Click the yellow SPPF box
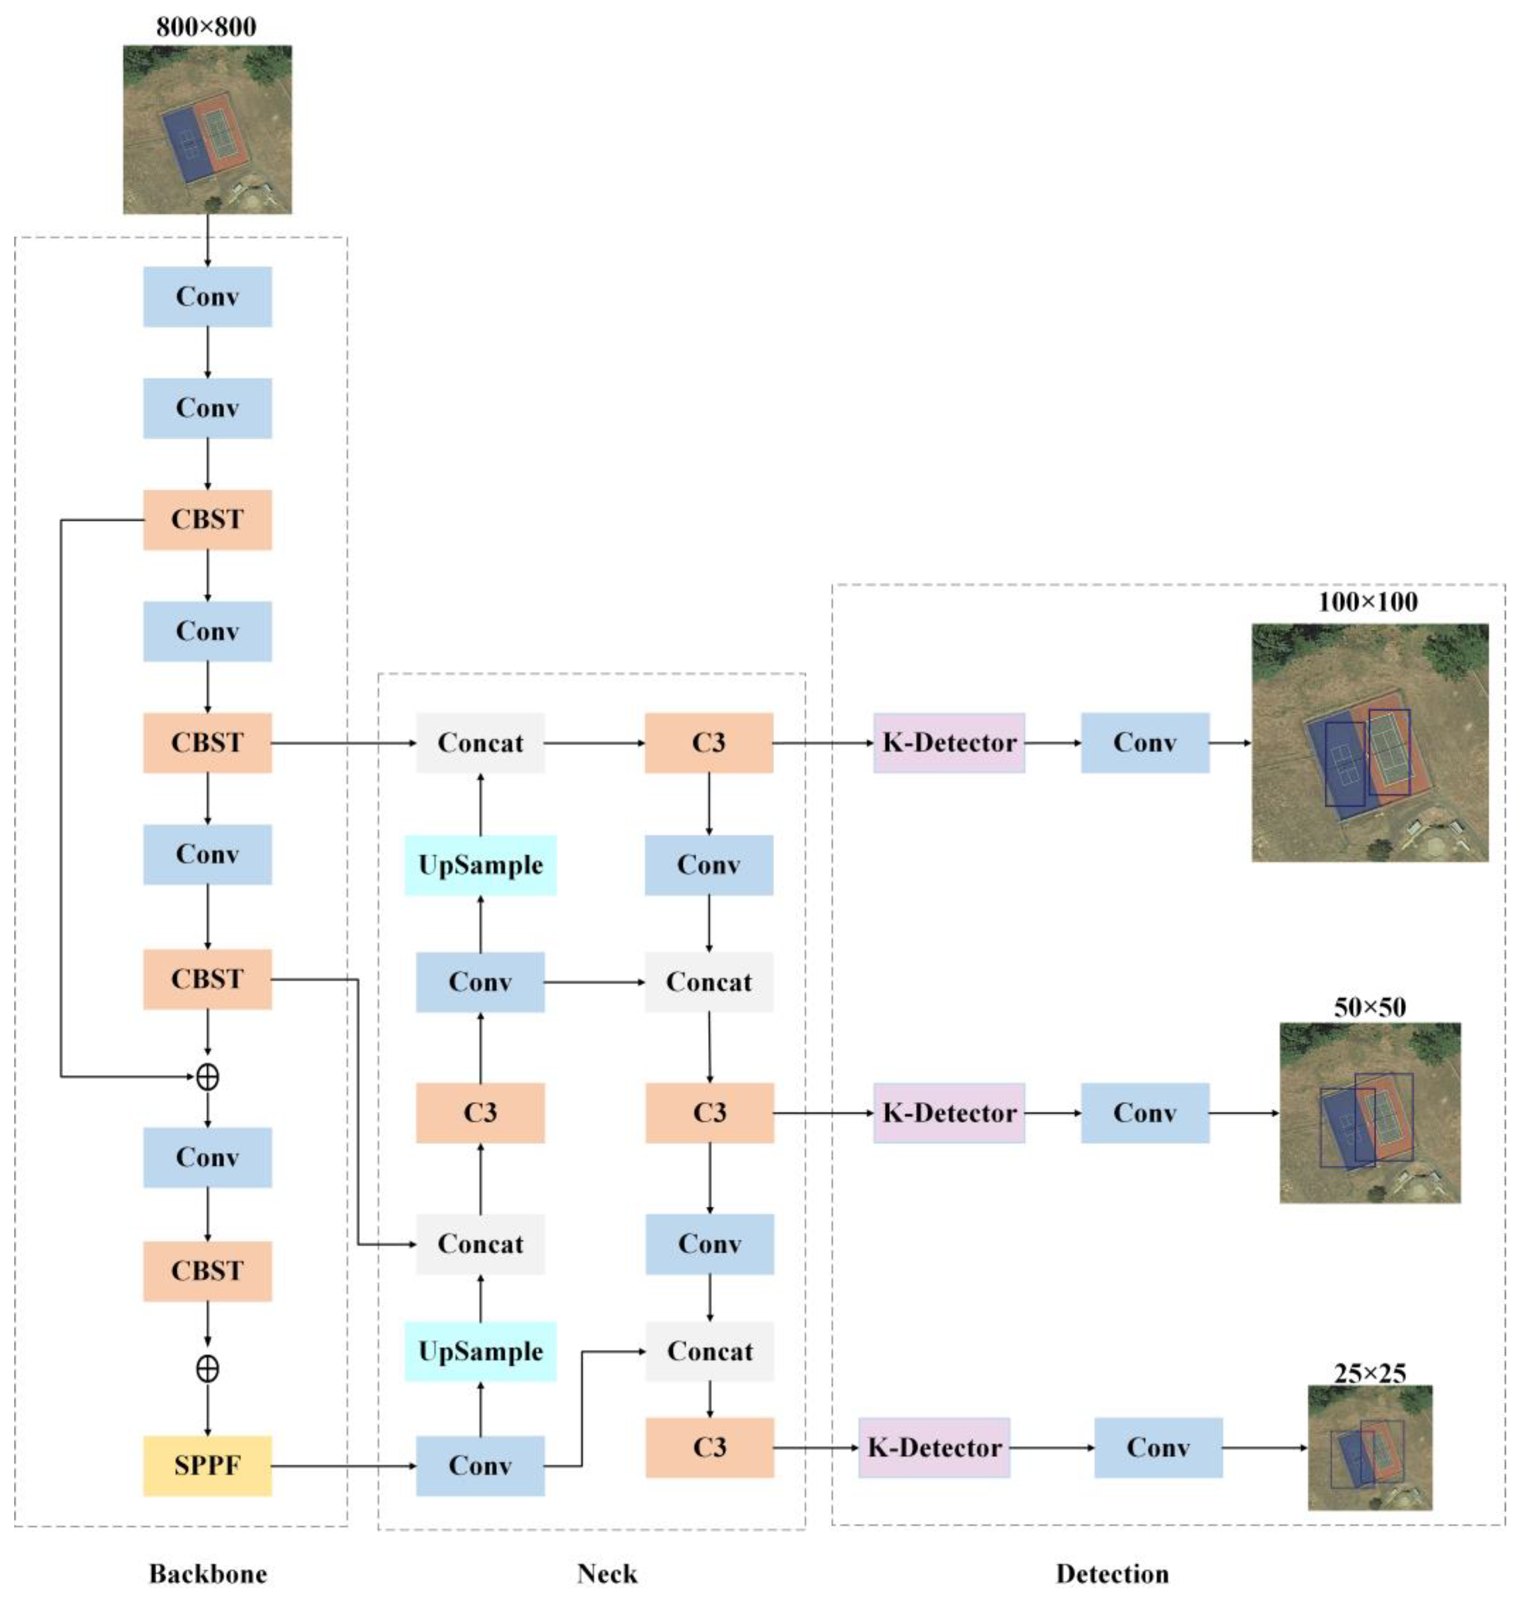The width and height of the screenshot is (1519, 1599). (x=207, y=1465)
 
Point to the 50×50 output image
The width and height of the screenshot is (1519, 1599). (x=1370, y=1112)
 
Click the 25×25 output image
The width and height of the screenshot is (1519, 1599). (x=1370, y=1447)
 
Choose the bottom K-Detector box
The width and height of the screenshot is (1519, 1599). (x=934, y=1447)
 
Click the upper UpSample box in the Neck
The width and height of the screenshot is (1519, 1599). (x=480, y=865)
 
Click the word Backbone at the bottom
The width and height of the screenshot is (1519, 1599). (x=207, y=1573)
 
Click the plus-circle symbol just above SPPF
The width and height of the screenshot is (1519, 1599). (x=207, y=1369)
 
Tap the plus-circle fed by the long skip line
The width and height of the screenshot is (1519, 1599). (x=207, y=1077)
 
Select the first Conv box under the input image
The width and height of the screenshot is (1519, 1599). (x=207, y=296)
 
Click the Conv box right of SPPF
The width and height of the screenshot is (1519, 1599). (x=480, y=1465)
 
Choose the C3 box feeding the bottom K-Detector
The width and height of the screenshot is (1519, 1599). (x=709, y=1447)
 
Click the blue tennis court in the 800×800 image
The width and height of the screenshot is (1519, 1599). (x=188, y=146)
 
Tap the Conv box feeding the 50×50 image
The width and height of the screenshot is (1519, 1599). (x=1144, y=1112)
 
